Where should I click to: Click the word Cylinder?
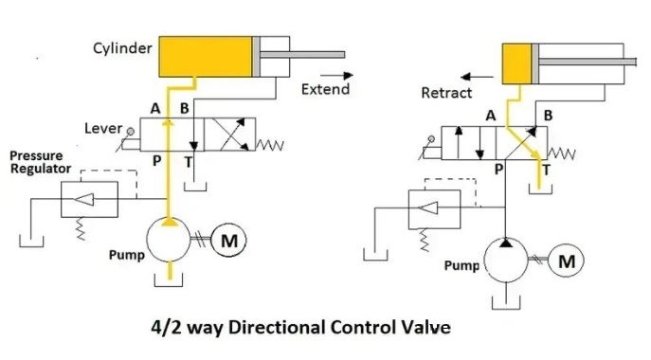pos(122,48)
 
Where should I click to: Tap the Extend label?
pos(326,89)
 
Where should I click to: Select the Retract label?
pos(446,93)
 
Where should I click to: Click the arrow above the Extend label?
pos(336,75)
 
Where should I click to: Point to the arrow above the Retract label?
pos(477,77)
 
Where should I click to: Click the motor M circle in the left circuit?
pos(228,240)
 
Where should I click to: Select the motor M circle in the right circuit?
pos(567,261)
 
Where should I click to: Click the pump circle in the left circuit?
pos(168,240)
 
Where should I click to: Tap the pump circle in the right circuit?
pos(506,260)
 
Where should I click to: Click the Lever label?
pos(103,128)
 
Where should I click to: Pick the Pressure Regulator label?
pos(40,162)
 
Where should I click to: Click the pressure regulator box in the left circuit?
pos(89,199)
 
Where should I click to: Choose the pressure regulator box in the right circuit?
pos(434,209)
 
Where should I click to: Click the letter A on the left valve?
pos(155,109)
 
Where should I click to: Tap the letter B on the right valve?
pos(548,116)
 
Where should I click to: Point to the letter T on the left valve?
pos(189,162)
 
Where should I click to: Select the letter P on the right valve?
pos(498,169)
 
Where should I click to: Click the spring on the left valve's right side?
pos(270,145)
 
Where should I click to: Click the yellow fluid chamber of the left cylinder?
pos(206,57)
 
